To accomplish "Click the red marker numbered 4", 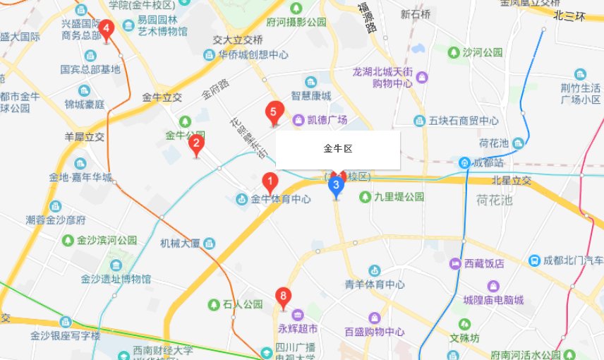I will click(107, 30).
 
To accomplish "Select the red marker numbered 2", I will click(196, 144).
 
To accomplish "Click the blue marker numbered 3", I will click(337, 186).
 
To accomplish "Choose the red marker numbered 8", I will click(284, 296).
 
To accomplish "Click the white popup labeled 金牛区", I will click(337, 150).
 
